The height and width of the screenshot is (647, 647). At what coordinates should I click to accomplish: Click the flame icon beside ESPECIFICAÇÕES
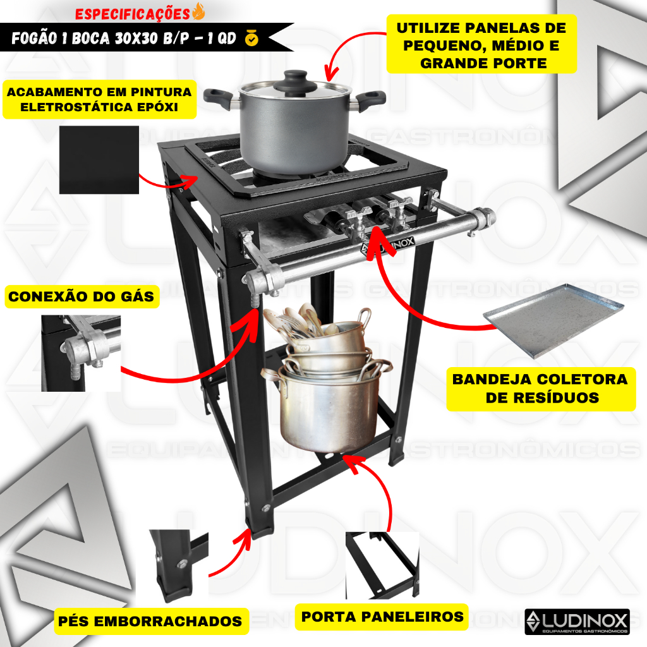coord(198,11)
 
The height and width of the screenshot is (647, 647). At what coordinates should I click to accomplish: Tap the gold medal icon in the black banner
coord(251,38)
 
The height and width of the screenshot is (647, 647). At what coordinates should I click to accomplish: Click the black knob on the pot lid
coord(294,78)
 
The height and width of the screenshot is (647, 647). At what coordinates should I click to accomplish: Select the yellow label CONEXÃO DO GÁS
coord(82,296)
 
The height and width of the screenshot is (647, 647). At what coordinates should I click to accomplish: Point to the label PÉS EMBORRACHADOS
coord(150,621)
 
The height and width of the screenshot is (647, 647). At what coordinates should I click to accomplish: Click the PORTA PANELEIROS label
coord(382,617)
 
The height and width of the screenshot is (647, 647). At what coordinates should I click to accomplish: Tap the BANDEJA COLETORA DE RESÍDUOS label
coord(541,389)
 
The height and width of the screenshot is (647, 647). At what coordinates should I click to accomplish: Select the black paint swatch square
coord(99,160)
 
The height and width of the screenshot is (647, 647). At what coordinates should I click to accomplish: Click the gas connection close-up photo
coord(81,353)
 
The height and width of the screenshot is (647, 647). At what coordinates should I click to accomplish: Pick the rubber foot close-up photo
coord(172,567)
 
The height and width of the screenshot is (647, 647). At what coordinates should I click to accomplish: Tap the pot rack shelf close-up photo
coord(382,565)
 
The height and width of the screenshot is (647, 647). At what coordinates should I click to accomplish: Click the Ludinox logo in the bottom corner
coord(577,622)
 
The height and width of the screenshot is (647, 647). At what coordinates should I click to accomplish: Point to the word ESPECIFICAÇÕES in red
coord(133,14)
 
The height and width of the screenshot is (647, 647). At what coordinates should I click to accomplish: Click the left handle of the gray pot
coord(219,98)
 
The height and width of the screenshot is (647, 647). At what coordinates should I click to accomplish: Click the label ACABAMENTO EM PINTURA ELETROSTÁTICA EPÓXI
coord(99,99)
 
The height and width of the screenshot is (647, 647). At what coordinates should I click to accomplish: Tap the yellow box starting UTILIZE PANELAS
coord(481,45)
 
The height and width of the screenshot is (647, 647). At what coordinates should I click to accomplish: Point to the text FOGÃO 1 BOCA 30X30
coord(85,39)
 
